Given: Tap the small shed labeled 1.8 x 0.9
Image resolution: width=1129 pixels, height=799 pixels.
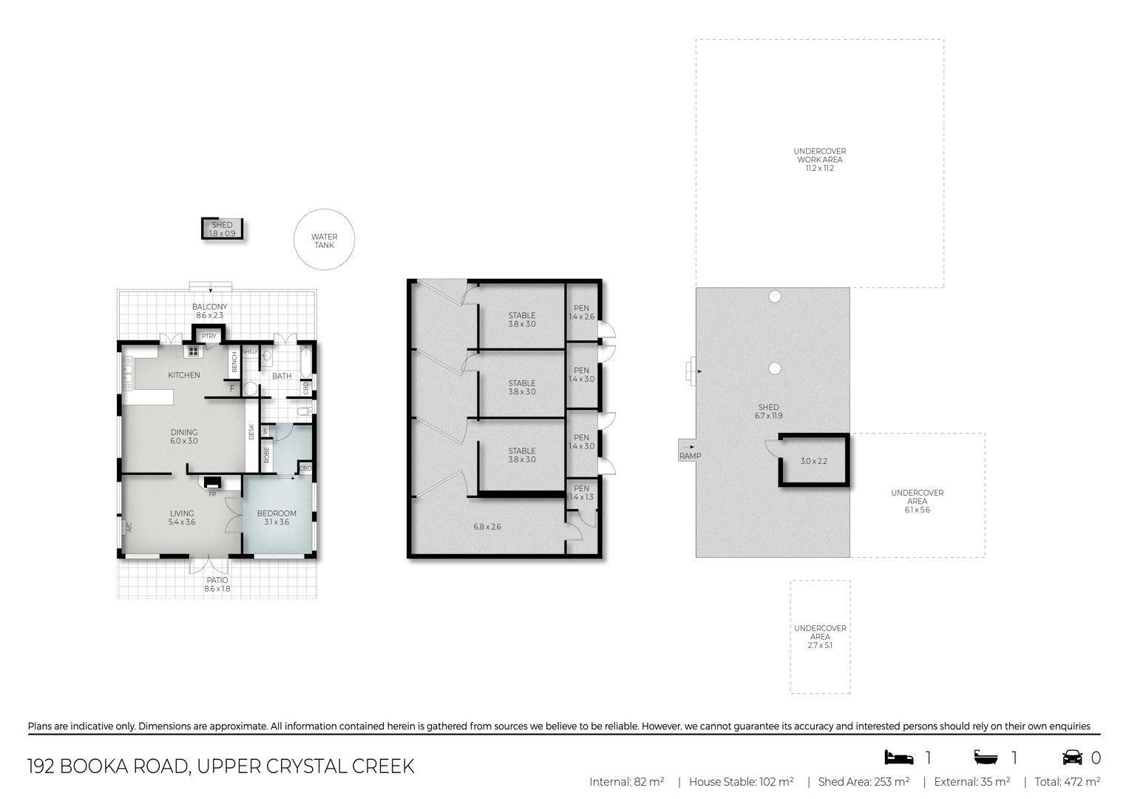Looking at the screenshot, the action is [x=223, y=229].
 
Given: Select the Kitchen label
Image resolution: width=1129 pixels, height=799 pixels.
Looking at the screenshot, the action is [x=184, y=375].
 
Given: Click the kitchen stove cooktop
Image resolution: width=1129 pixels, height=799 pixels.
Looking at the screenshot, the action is [x=193, y=351].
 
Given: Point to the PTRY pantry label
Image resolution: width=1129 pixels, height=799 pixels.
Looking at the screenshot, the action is [x=208, y=336].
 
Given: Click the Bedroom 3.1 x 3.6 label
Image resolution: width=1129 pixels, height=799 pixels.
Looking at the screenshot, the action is [x=277, y=518].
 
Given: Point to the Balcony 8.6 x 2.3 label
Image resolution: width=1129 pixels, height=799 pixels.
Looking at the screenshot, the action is [x=210, y=311].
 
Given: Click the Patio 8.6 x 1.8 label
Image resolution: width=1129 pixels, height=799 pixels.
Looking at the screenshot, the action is [x=217, y=584].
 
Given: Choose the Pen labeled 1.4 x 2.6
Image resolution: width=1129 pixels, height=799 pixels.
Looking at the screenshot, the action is [x=581, y=312].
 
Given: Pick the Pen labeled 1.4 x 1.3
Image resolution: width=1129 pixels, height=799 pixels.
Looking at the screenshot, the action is [x=581, y=492].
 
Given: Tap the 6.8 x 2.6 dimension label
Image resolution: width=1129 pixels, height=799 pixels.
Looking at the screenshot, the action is [x=487, y=527].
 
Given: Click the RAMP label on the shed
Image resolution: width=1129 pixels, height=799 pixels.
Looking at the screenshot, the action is [x=690, y=456].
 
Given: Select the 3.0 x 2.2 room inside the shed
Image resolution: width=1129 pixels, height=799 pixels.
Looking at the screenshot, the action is [x=814, y=460].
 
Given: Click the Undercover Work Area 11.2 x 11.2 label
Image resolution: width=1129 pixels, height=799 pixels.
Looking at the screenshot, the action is [x=819, y=159].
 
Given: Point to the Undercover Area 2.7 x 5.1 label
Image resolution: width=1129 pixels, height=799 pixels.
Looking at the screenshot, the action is [x=820, y=636].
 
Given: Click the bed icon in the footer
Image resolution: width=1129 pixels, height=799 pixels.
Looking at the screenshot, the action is [x=899, y=757].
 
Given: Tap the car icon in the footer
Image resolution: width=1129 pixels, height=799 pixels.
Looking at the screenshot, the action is [x=1072, y=757].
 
